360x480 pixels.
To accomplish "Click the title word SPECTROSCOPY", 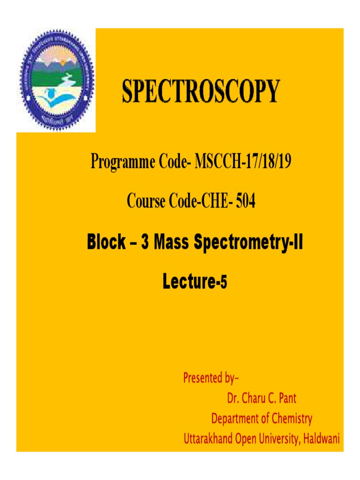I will click(201, 91).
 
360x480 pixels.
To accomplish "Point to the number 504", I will click(246, 202).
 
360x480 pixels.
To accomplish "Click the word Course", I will click(146, 202).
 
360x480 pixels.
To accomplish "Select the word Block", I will click(106, 243).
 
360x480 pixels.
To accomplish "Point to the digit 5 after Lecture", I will click(224, 283).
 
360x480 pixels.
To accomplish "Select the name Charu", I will click(257, 398).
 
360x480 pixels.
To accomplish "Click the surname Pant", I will click(287, 398).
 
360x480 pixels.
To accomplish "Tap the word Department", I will click(235, 419).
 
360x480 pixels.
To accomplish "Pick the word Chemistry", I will click(290, 419).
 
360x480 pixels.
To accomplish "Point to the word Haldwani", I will click(321, 439).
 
